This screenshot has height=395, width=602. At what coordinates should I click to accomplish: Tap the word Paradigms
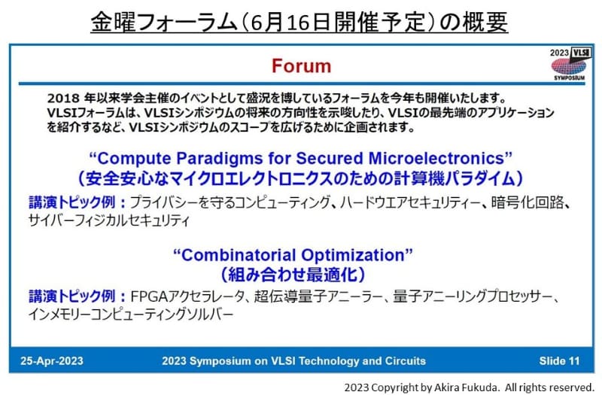pos(220,159)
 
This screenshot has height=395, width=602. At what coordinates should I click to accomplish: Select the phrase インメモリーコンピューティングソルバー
pos(131,314)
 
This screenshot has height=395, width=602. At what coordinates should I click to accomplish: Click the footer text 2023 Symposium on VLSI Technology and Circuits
pos(293,360)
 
